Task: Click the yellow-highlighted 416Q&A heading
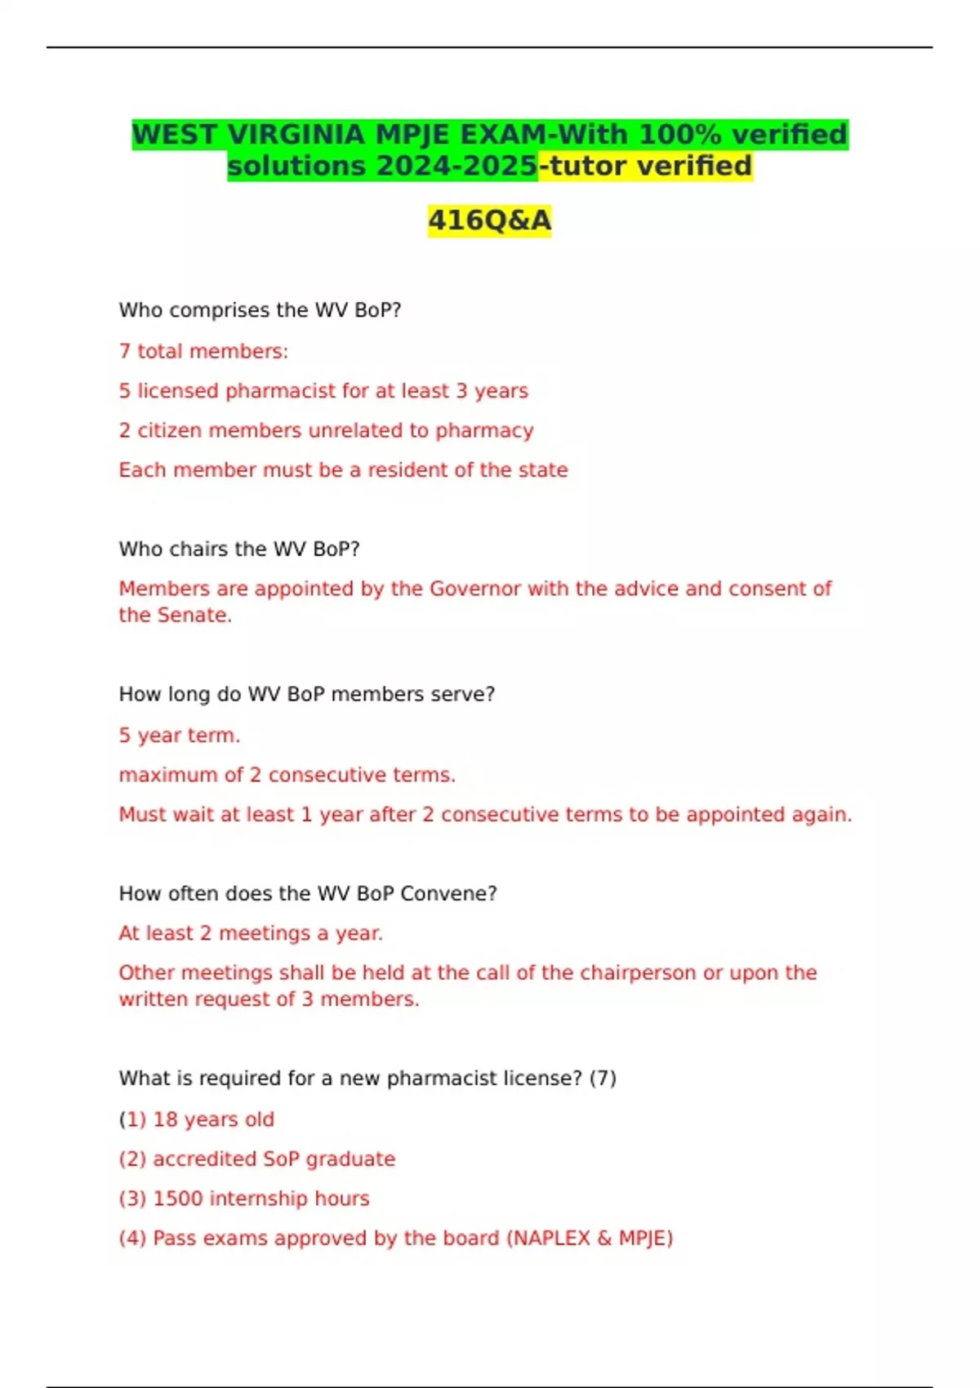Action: click(x=490, y=220)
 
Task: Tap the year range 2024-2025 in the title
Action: click(x=457, y=166)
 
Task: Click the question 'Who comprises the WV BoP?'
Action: click(x=260, y=310)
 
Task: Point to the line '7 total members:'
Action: click(x=203, y=351)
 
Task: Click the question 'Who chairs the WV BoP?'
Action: click(x=239, y=549)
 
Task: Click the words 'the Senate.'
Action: click(x=175, y=615)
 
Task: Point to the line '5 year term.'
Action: click(x=180, y=736)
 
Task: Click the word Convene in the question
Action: click(x=448, y=893)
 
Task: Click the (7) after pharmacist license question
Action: click(x=603, y=1079)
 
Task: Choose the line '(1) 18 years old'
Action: click(x=196, y=1119)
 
